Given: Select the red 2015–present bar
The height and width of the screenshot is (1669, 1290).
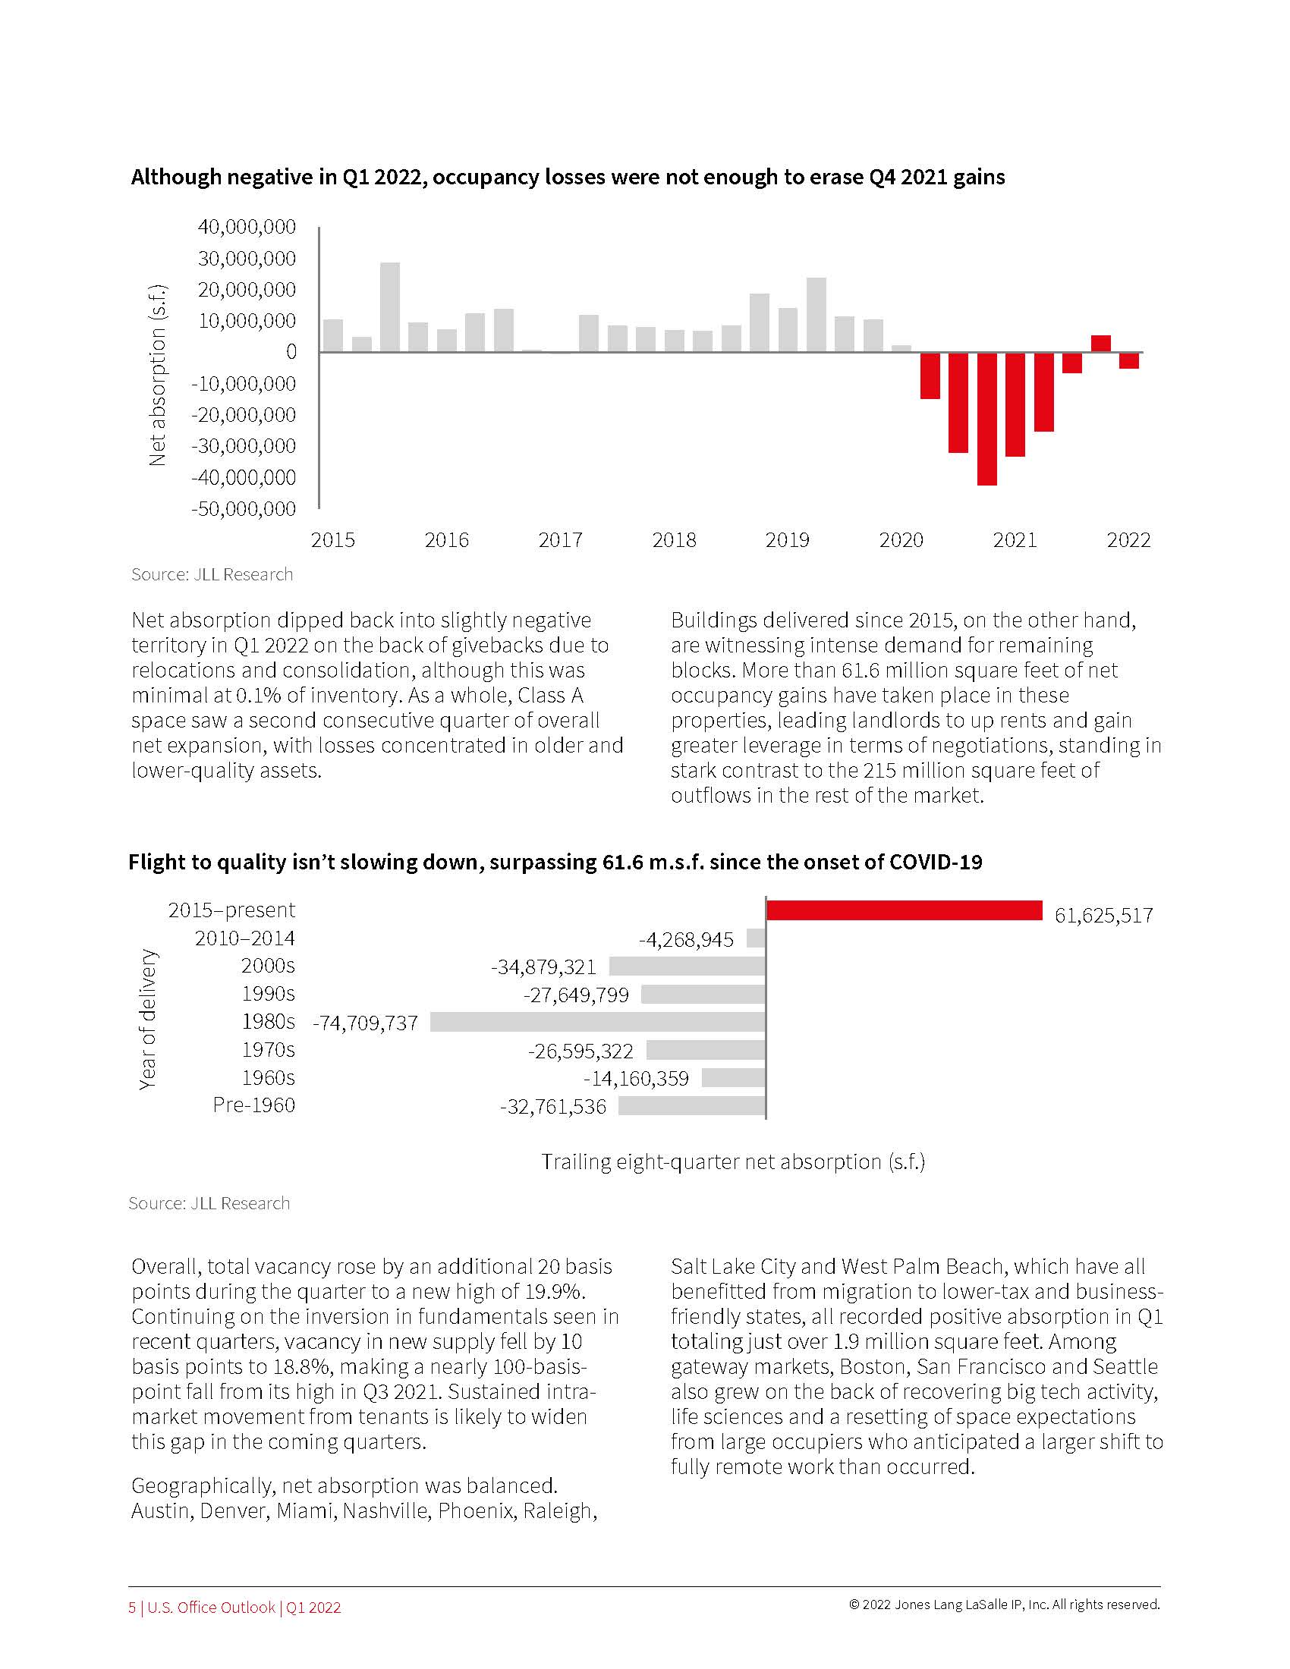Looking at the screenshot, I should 904,910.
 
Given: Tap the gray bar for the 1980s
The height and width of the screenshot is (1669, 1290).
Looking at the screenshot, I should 598,1022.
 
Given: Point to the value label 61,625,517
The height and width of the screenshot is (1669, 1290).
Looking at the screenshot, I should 1103,916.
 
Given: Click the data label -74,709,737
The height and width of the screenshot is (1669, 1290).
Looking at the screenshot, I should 365,1023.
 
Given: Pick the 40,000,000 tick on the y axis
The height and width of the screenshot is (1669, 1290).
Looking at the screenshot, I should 246,227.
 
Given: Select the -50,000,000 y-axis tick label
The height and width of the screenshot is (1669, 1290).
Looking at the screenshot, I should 244,509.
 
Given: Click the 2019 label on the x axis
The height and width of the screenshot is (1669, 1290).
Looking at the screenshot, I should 787,540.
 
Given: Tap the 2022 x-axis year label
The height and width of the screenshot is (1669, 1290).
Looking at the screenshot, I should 1128,540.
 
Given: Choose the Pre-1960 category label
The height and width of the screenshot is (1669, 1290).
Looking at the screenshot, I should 253,1105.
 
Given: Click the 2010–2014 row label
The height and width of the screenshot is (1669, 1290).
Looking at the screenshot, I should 244,938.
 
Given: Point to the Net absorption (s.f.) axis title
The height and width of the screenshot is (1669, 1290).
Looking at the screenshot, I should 157,375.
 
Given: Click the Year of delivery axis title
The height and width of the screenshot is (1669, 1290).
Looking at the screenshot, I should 147,1019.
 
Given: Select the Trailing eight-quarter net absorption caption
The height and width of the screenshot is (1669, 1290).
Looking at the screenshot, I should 733,1162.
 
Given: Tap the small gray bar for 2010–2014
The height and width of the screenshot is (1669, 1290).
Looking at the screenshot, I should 756,938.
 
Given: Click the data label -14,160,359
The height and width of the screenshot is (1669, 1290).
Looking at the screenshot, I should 636,1079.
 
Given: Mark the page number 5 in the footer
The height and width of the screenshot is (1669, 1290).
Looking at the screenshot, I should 132,1607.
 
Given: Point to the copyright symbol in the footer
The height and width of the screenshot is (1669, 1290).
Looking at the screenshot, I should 854,1605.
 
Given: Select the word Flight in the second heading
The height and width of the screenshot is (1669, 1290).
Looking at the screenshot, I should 154,862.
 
